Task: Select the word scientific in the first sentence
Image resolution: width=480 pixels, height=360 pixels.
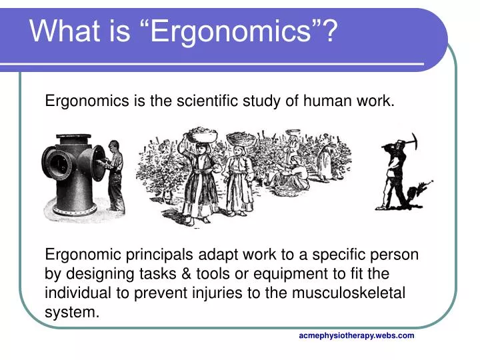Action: click(x=205, y=101)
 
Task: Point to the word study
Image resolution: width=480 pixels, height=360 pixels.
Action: click(x=267, y=101)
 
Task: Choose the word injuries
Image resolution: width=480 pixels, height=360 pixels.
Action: click(x=227, y=293)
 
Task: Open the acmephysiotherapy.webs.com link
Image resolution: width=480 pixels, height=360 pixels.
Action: click(x=357, y=335)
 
